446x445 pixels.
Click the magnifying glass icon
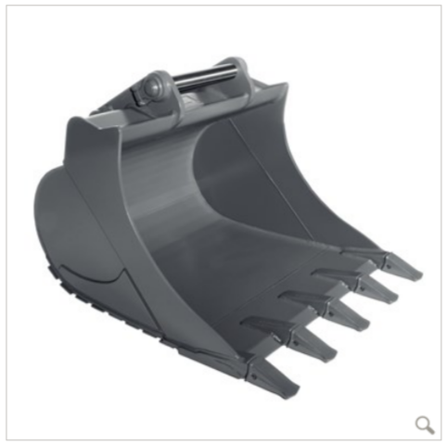tap(425, 425)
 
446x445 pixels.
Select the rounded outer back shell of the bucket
tap(65, 232)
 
